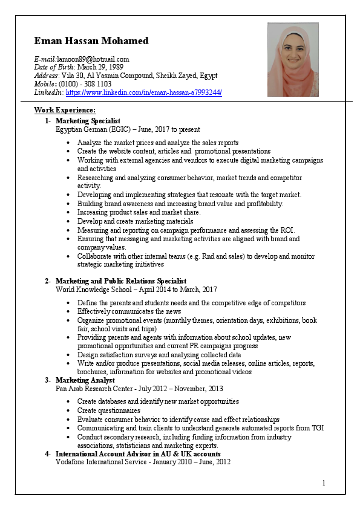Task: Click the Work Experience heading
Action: point(65,110)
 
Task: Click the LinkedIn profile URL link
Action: point(143,92)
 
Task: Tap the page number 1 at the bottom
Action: point(324,482)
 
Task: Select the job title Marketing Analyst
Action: point(84,380)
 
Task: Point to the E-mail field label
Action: point(45,59)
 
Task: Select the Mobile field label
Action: point(45,84)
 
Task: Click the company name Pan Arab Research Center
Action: point(93,389)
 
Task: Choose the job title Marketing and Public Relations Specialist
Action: point(121,281)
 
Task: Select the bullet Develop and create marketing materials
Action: point(135,221)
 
